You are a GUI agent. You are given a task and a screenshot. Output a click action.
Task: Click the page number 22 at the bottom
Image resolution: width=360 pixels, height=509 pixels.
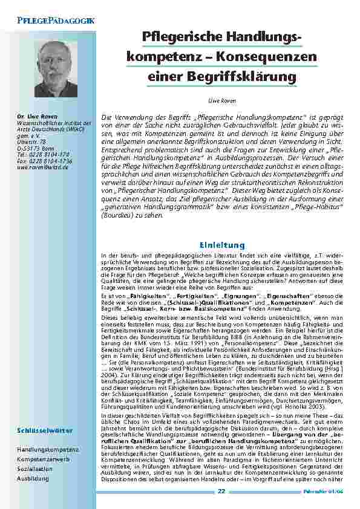(221, 491)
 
